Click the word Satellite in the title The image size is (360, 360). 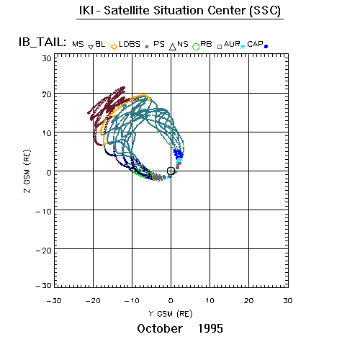click(x=127, y=11)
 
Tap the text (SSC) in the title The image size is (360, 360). click(x=265, y=11)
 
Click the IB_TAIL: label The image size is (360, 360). click(x=42, y=42)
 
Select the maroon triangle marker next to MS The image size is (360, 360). click(x=91, y=48)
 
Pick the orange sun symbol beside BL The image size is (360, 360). click(x=114, y=47)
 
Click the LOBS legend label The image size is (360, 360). click(x=130, y=44)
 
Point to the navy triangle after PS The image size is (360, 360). click(x=173, y=47)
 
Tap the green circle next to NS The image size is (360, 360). click(x=196, y=47)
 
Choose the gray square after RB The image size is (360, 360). click(x=220, y=47)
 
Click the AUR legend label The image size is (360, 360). click(x=232, y=44)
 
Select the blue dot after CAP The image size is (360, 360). click(x=266, y=47)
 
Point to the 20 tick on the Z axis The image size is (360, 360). click(x=47, y=94)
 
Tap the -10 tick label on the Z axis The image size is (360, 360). click(x=43, y=212)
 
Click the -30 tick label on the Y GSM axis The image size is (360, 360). click(x=54, y=300)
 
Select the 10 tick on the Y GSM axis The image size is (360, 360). click(x=210, y=300)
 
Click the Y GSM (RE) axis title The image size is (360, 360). click(x=171, y=314)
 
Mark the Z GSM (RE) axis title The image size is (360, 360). click(x=27, y=171)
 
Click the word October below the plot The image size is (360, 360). click(x=160, y=328)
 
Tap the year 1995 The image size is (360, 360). click(x=210, y=328)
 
